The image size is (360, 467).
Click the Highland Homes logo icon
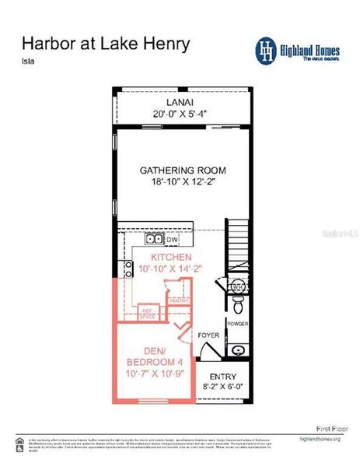coord(267,48)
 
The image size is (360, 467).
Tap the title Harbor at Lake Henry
coord(105,43)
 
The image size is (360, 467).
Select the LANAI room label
coord(184,102)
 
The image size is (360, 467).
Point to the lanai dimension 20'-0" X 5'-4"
coord(184,114)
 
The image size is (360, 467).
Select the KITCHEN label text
coord(171,257)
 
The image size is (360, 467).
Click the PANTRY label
coord(179,299)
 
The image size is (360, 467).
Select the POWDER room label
coord(237,322)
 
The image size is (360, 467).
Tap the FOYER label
coord(208,335)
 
